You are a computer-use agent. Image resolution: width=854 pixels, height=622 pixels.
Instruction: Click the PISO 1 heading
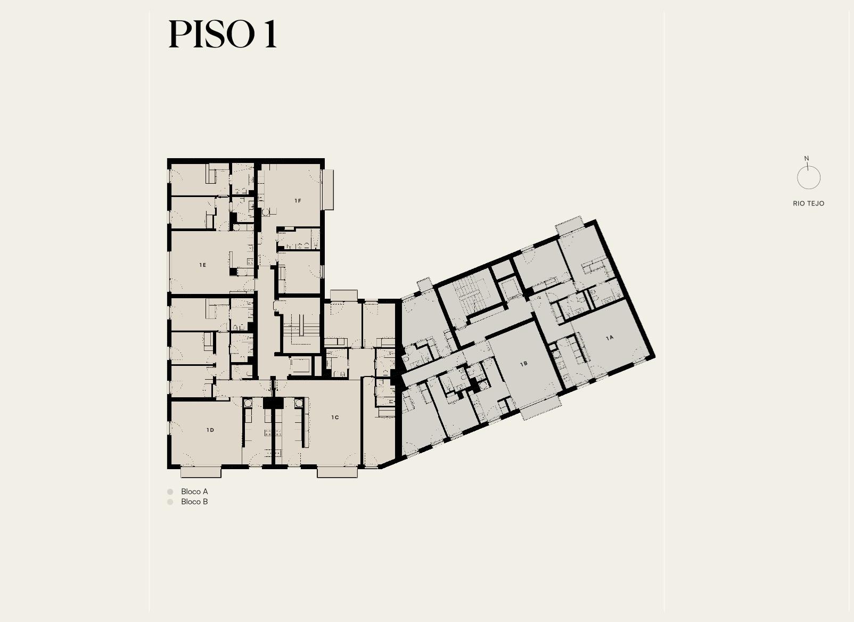pyautogui.click(x=223, y=34)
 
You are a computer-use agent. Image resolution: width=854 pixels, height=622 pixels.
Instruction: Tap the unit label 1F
pyautogui.click(x=298, y=201)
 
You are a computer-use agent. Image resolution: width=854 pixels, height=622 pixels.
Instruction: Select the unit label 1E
pyautogui.click(x=203, y=265)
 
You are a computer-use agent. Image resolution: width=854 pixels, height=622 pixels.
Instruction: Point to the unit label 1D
pyautogui.click(x=210, y=430)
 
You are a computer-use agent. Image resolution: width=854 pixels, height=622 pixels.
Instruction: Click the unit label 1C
pyautogui.click(x=335, y=417)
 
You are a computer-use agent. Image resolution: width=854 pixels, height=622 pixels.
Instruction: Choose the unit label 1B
pyautogui.click(x=524, y=364)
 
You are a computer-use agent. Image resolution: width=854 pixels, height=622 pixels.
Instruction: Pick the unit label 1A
pyautogui.click(x=609, y=338)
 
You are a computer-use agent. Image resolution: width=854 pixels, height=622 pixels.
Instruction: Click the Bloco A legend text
pyautogui.click(x=194, y=492)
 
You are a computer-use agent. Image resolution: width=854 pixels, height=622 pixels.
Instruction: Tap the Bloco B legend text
pyautogui.click(x=194, y=502)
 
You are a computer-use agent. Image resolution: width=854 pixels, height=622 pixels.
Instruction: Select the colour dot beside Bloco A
pyautogui.click(x=170, y=492)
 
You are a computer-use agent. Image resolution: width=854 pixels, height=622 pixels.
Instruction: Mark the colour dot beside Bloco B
pyautogui.click(x=170, y=502)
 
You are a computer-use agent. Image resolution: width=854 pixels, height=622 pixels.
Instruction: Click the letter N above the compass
pyautogui.click(x=806, y=158)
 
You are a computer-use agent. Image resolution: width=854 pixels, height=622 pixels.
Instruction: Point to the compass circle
pyautogui.click(x=797, y=178)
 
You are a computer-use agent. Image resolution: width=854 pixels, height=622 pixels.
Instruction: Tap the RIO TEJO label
pyautogui.click(x=809, y=203)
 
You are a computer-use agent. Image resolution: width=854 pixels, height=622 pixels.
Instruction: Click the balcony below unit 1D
pyautogui.click(x=201, y=472)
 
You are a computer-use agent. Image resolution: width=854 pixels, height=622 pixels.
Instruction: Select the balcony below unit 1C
pyautogui.click(x=338, y=472)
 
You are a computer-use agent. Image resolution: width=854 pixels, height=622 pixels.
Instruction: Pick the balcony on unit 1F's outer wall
pyautogui.click(x=327, y=190)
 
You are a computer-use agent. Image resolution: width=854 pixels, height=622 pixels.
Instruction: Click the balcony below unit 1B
pyautogui.click(x=540, y=408)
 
